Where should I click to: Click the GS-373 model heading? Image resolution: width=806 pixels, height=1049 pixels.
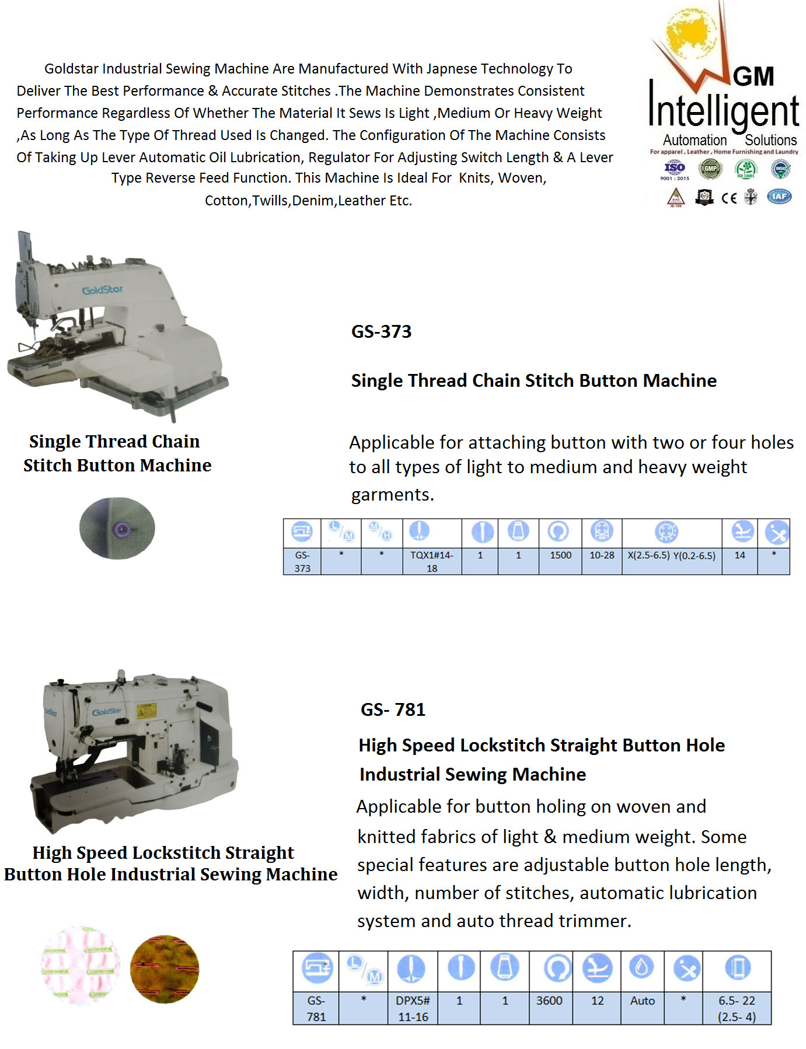pyautogui.click(x=381, y=331)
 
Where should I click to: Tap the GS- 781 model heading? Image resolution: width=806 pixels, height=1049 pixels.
pyautogui.click(x=393, y=709)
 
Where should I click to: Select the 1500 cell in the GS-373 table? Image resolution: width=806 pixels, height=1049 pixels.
pyautogui.click(x=560, y=555)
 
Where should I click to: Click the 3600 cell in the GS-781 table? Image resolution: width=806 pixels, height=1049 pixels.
pyautogui.click(x=549, y=1001)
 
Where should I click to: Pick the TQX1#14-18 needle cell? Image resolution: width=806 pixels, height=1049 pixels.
pyautogui.click(x=431, y=561)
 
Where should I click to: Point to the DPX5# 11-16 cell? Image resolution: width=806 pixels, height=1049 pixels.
pyautogui.click(x=413, y=1008)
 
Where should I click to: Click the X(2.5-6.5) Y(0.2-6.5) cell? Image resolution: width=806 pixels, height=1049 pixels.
pyautogui.click(x=671, y=555)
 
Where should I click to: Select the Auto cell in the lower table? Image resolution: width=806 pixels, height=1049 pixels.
pyautogui.click(x=642, y=1001)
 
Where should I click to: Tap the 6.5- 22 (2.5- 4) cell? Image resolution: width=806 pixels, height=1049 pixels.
pyautogui.click(x=737, y=1008)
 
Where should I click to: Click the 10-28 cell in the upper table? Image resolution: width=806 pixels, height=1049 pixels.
pyautogui.click(x=602, y=555)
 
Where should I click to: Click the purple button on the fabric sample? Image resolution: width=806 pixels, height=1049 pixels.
pyautogui.click(x=123, y=529)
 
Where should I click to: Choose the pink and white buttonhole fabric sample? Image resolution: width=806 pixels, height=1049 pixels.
pyautogui.click(x=81, y=964)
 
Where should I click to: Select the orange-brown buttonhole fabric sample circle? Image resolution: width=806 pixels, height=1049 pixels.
pyautogui.click(x=165, y=969)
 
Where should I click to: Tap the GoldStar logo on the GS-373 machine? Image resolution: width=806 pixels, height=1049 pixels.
pyautogui.click(x=102, y=290)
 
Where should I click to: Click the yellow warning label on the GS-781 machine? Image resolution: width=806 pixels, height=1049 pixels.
pyautogui.click(x=146, y=710)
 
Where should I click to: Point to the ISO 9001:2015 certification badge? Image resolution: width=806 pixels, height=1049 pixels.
pyautogui.click(x=675, y=170)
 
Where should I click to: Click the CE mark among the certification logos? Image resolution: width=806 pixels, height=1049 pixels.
pyautogui.click(x=728, y=198)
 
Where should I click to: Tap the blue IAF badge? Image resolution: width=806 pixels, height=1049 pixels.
pyautogui.click(x=779, y=196)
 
